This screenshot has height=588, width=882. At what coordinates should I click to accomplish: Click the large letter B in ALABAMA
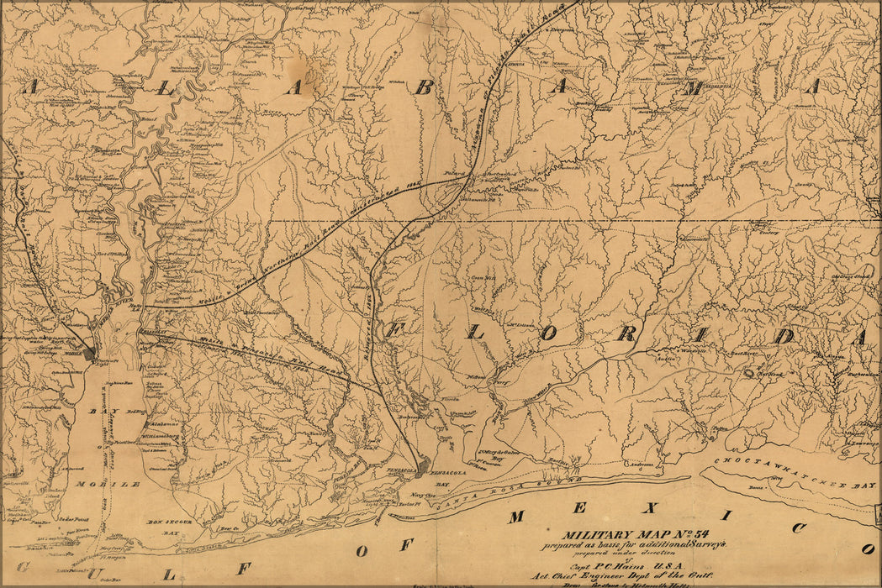(425, 87)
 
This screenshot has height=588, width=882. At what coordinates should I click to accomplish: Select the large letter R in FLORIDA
(626, 333)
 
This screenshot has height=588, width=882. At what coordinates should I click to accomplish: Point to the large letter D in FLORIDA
(783, 336)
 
